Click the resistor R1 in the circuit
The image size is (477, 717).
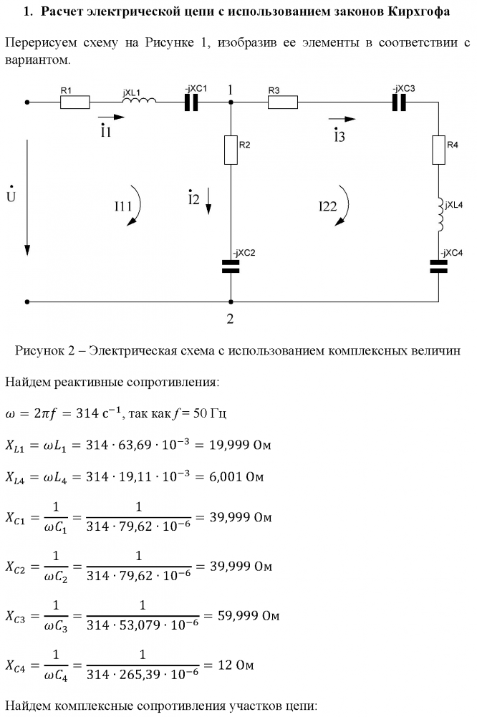tap(74, 102)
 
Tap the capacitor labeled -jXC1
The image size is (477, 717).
tap(191, 102)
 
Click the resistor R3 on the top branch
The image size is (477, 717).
tap(282, 102)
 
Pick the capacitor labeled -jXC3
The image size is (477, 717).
tap(399, 102)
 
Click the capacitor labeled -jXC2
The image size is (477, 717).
tap(231, 266)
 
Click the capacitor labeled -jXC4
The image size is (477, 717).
tap(438, 266)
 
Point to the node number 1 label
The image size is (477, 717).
tap(231, 90)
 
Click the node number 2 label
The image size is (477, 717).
tap(231, 319)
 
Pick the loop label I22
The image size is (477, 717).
tap(327, 206)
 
